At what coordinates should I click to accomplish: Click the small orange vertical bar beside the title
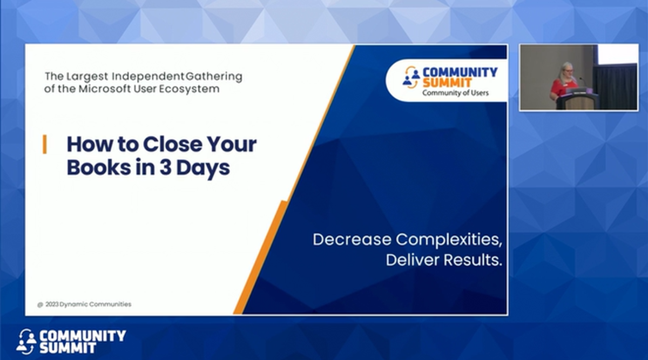click(x=44, y=145)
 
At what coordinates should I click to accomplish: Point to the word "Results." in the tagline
click(x=473, y=260)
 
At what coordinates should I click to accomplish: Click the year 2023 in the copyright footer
click(x=52, y=304)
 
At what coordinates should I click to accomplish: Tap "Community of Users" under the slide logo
click(x=455, y=93)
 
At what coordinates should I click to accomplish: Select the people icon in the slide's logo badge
click(x=411, y=77)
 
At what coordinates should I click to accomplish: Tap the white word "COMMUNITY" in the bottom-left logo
click(x=83, y=336)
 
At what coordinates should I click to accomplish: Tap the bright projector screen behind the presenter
click(x=617, y=55)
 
